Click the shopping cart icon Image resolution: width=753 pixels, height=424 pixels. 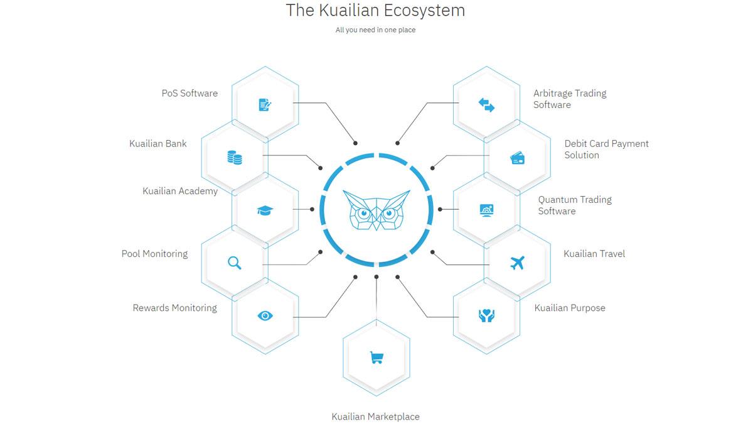376,357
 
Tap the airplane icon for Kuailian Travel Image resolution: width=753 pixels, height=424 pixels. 517,263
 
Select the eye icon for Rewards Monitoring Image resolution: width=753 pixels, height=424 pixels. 265,315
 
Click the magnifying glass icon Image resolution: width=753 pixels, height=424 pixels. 234,263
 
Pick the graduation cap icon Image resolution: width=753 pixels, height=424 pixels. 265,210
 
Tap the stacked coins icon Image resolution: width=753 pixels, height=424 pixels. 235,158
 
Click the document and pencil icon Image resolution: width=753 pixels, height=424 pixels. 265,105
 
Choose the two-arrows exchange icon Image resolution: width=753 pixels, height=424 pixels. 486,105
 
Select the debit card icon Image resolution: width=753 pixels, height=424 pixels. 517,158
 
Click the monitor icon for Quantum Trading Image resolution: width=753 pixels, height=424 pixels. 486,210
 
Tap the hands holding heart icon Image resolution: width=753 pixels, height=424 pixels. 486,315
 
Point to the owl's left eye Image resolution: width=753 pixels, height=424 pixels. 363,213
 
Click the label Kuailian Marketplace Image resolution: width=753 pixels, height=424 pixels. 375,416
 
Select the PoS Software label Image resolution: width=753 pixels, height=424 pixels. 190,93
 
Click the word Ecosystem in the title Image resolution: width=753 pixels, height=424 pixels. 425,10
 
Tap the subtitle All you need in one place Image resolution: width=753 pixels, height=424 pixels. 375,30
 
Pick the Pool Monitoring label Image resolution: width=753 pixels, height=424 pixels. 154,254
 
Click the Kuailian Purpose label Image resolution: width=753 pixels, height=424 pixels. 570,308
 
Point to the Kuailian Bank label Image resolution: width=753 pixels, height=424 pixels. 158,144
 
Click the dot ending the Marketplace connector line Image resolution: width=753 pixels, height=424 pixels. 376,277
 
